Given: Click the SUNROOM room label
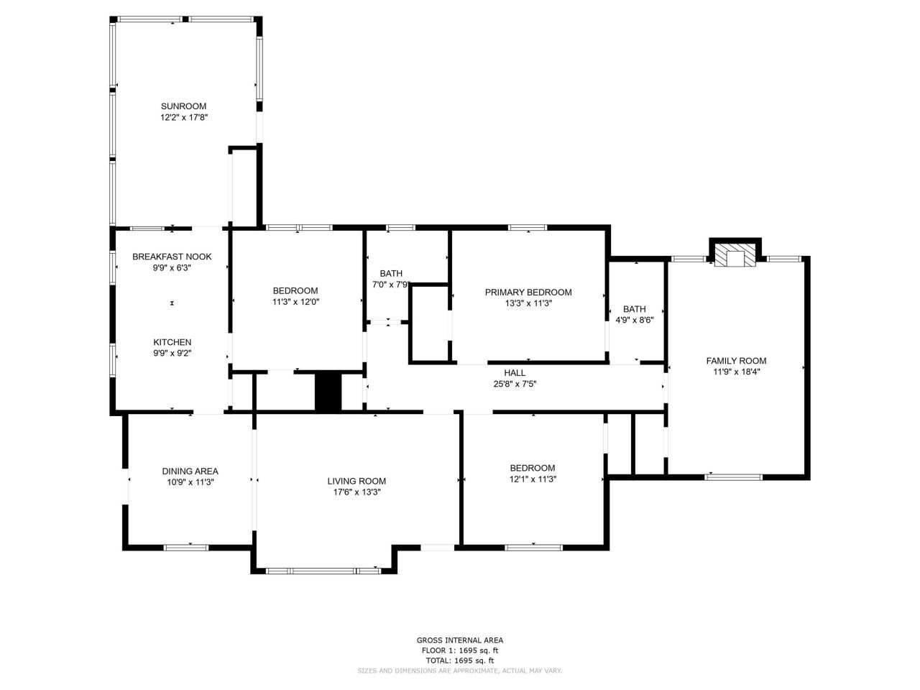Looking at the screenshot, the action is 183,106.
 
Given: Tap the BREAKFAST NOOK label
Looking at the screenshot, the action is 172,257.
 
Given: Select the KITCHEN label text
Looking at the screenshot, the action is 172,342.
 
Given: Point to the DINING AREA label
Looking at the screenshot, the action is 190,471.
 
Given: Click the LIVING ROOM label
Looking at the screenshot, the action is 356,481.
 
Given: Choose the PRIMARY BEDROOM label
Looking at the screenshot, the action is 528,293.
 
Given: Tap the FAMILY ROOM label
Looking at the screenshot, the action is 737,361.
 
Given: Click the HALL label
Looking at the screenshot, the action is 515,373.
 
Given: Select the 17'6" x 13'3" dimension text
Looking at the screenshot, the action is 356,492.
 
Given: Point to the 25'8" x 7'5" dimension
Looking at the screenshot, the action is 515,384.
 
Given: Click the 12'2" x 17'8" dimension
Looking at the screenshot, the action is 183,118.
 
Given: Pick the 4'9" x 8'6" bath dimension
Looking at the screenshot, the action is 634,321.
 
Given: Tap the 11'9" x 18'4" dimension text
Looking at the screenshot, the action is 737,372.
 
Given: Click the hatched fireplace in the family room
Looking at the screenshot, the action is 735,256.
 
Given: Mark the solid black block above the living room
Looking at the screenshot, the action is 328,392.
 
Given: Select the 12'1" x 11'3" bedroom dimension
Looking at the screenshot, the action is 533,479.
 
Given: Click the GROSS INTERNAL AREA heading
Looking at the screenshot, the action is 460,640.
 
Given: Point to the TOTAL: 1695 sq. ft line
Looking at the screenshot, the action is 460,661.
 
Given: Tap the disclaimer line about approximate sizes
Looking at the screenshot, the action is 459,671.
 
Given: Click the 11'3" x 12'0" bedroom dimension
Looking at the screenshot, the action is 295,302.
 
